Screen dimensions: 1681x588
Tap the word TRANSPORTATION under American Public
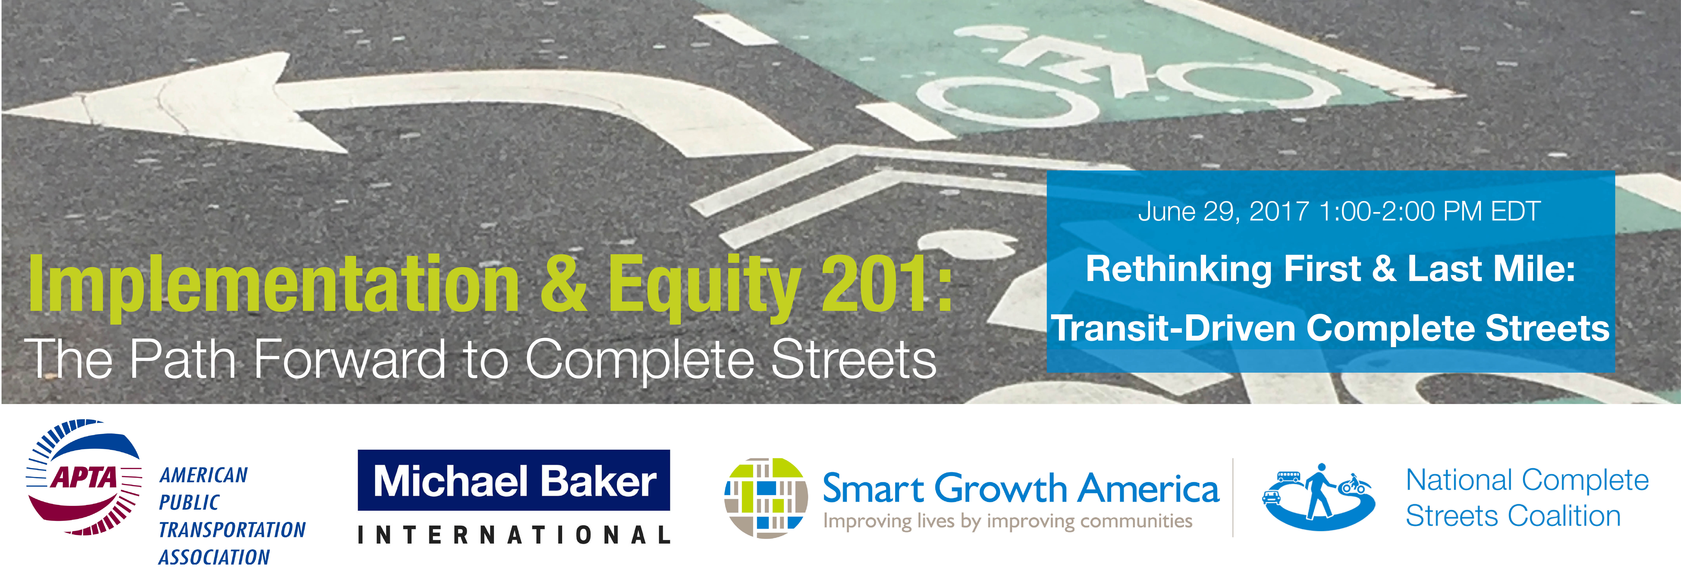point(232,530)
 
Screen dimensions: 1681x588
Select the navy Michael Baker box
point(514,480)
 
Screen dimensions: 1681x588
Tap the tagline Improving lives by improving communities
point(1008,521)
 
